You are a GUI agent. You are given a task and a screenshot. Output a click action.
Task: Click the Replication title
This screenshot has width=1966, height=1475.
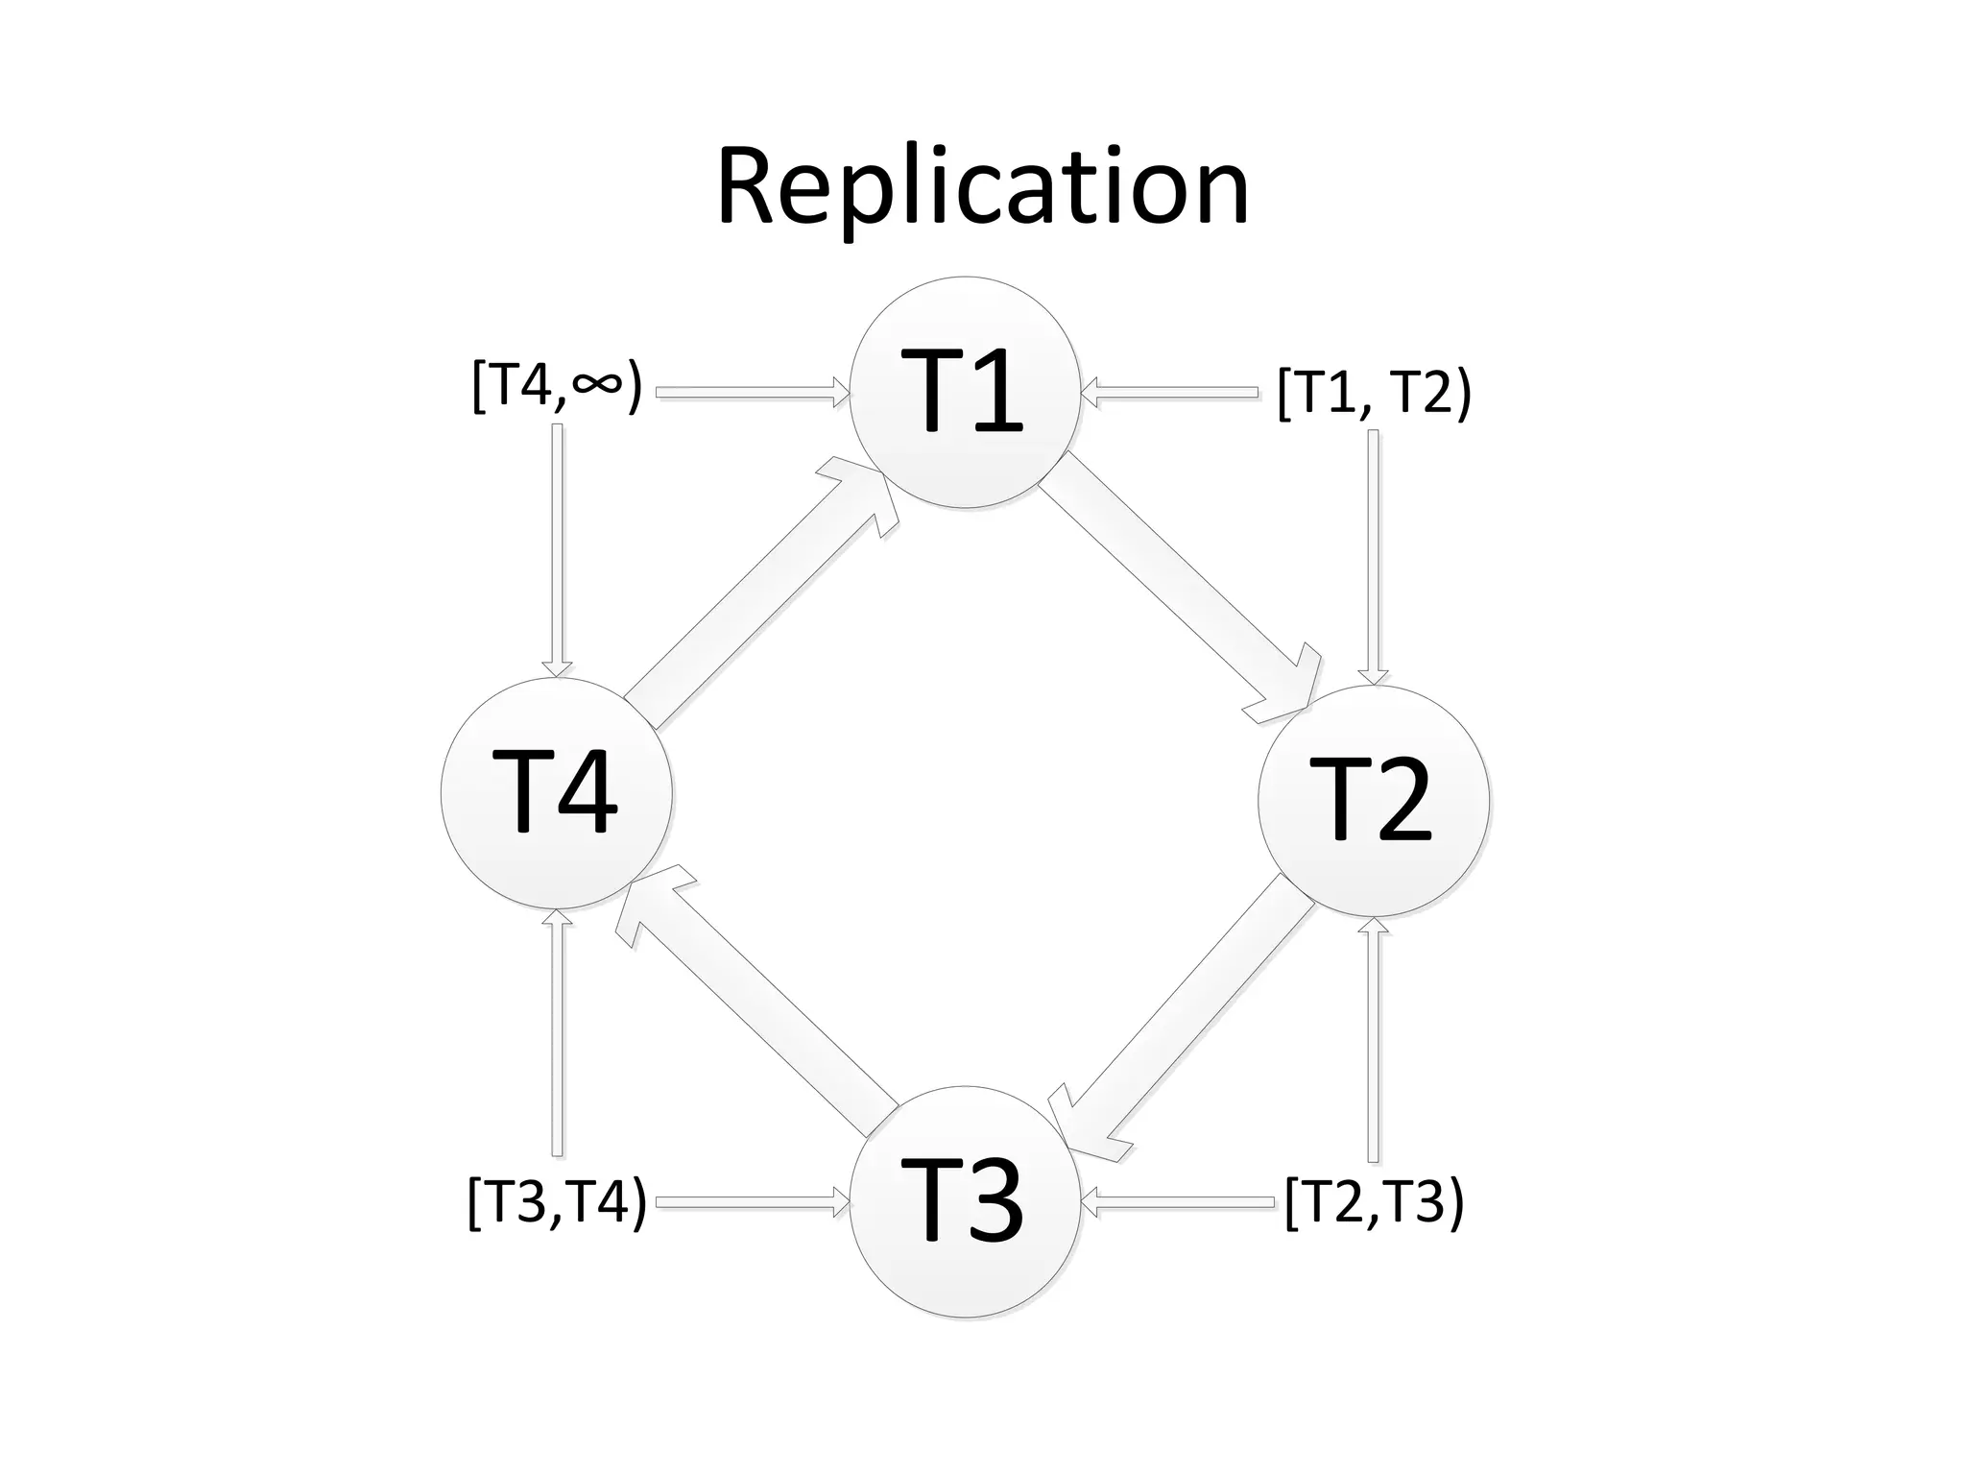pyautogui.click(x=982, y=187)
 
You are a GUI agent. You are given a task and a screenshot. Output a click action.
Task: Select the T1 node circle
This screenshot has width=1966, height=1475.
pyautogui.click(x=965, y=392)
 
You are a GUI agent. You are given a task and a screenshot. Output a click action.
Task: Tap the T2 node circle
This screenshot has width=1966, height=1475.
pyautogui.click(x=1374, y=800)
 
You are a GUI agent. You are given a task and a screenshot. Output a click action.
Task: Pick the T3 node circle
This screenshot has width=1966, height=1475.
pyautogui.click(x=965, y=1201)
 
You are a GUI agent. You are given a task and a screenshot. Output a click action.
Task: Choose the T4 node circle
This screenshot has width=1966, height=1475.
pyautogui.click(x=557, y=793)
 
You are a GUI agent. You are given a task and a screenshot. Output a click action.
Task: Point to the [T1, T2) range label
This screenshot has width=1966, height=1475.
pyautogui.click(x=1374, y=392)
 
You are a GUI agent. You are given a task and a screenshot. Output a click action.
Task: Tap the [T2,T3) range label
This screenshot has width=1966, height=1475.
pyautogui.click(x=1374, y=1201)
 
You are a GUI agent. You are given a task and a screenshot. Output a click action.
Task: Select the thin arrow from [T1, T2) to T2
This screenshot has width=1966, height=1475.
pyautogui.click(x=1374, y=557)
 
